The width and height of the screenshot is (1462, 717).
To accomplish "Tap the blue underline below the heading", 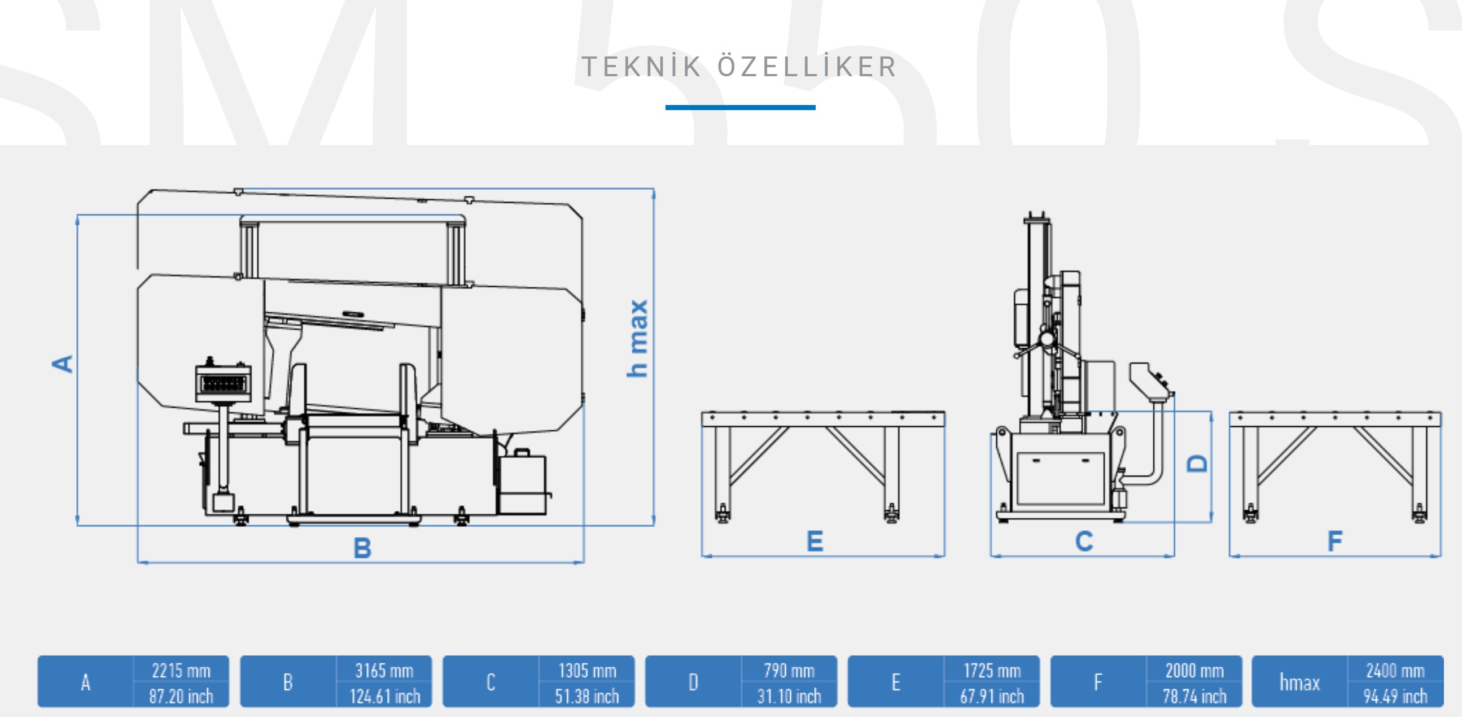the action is tap(740, 107).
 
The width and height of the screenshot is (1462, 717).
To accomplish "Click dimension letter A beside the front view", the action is tap(63, 364).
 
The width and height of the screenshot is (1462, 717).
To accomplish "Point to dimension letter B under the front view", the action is tap(362, 548).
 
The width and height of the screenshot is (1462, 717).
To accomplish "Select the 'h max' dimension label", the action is tap(637, 338).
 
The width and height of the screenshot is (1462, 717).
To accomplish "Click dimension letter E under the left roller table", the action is tap(815, 541).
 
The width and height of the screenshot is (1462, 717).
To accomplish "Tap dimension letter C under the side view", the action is tap(1084, 541).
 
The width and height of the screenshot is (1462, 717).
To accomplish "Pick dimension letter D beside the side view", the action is tap(1197, 464).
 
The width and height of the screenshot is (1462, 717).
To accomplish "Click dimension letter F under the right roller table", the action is tap(1335, 541).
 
